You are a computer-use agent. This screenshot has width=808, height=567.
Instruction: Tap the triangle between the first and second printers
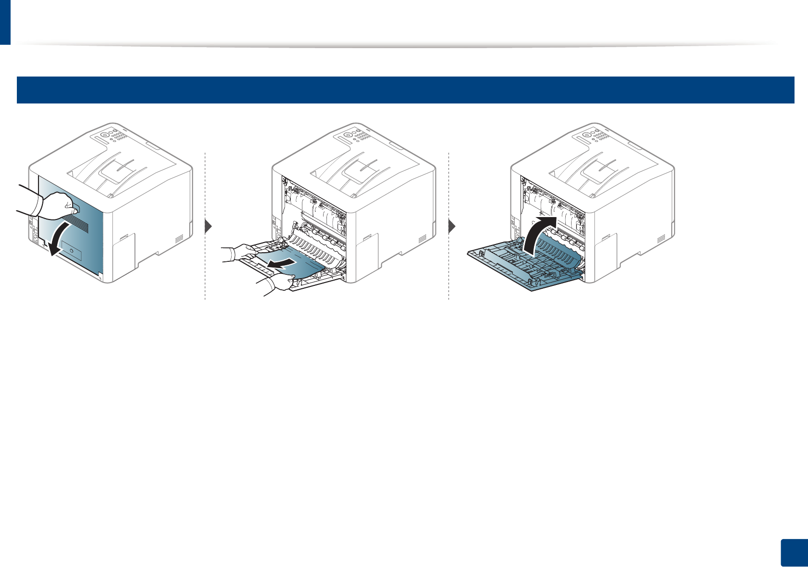pyautogui.click(x=209, y=227)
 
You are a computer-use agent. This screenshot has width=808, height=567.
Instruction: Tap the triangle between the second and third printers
pyautogui.click(x=452, y=227)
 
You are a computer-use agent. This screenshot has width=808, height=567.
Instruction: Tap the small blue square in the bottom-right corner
pyautogui.click(x=793, y=553)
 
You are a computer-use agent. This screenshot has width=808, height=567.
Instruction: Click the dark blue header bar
pyautogui.click(x=404, y=90)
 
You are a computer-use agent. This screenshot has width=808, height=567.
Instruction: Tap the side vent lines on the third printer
pyautogui.click(x=661, y=238)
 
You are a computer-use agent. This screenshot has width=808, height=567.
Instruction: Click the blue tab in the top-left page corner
pyautogui.click(x=5, y=22)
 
